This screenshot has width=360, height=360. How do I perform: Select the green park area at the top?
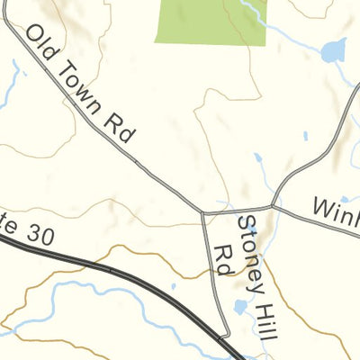coord(212,21)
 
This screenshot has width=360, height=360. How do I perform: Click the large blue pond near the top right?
coord(333,51)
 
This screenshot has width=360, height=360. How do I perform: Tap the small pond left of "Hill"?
coord(240,308)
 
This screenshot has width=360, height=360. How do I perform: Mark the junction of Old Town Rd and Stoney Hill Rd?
coord(202,214)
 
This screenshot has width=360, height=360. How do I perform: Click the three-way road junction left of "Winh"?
coord(273,206)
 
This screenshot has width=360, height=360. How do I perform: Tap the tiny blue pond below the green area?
coord(305,137)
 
